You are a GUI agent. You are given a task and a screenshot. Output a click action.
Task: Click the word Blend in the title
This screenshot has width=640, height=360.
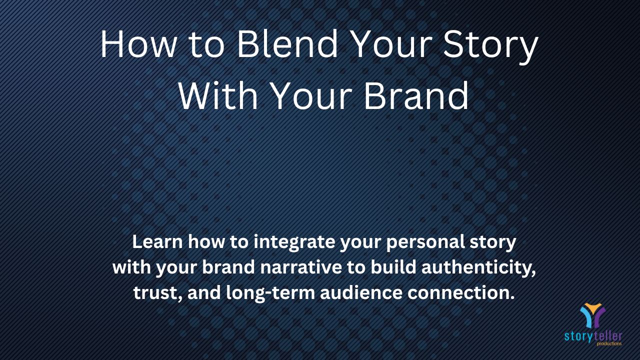click(x=287, y=44)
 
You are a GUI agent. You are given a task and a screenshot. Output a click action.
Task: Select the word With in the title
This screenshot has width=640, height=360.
click(x=217, y=95)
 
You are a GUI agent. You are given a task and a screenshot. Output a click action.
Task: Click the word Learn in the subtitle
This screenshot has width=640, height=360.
click(x=157, y=242)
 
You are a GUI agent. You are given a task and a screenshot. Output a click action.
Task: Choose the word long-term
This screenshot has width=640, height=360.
click(x=270, y=294)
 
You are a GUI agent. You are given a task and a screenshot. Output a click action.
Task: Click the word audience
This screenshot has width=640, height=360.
click(x=361, y=293)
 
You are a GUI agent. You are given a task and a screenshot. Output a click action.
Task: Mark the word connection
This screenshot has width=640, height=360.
click(x=461, y=293)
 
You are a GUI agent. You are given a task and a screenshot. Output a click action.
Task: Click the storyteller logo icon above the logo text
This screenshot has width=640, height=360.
click(x=593, y=315)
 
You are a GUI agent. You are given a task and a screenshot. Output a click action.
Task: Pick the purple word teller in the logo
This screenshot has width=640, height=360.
click(x=607, y=336)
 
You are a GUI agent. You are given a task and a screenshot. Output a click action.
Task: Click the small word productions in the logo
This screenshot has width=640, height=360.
click(x=609, y=343)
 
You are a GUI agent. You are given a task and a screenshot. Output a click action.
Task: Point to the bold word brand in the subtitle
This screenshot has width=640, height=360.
click(x=228, y=267)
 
